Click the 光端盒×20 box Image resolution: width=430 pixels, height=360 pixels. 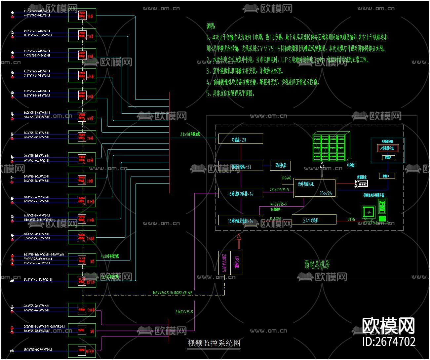(241, 139)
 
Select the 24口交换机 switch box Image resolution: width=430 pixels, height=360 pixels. (314, 220)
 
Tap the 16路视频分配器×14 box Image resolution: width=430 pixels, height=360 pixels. (241, 193)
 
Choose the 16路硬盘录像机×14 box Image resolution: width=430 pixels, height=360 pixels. (241, 220)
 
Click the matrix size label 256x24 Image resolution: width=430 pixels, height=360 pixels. (326, 193)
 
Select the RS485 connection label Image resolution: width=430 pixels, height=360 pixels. (287, 178)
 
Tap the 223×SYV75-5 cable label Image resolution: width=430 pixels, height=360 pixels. (279, 190)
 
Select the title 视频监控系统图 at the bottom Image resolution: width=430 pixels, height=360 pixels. (214, 343)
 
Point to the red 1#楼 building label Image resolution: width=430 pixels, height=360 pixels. (90, 16)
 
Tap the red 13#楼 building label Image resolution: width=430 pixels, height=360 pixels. (91, 310)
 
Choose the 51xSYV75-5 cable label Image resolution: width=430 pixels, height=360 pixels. (184, 312)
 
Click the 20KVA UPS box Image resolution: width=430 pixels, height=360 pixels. (224, 263)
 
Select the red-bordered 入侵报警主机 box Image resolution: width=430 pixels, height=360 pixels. (387, 148)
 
